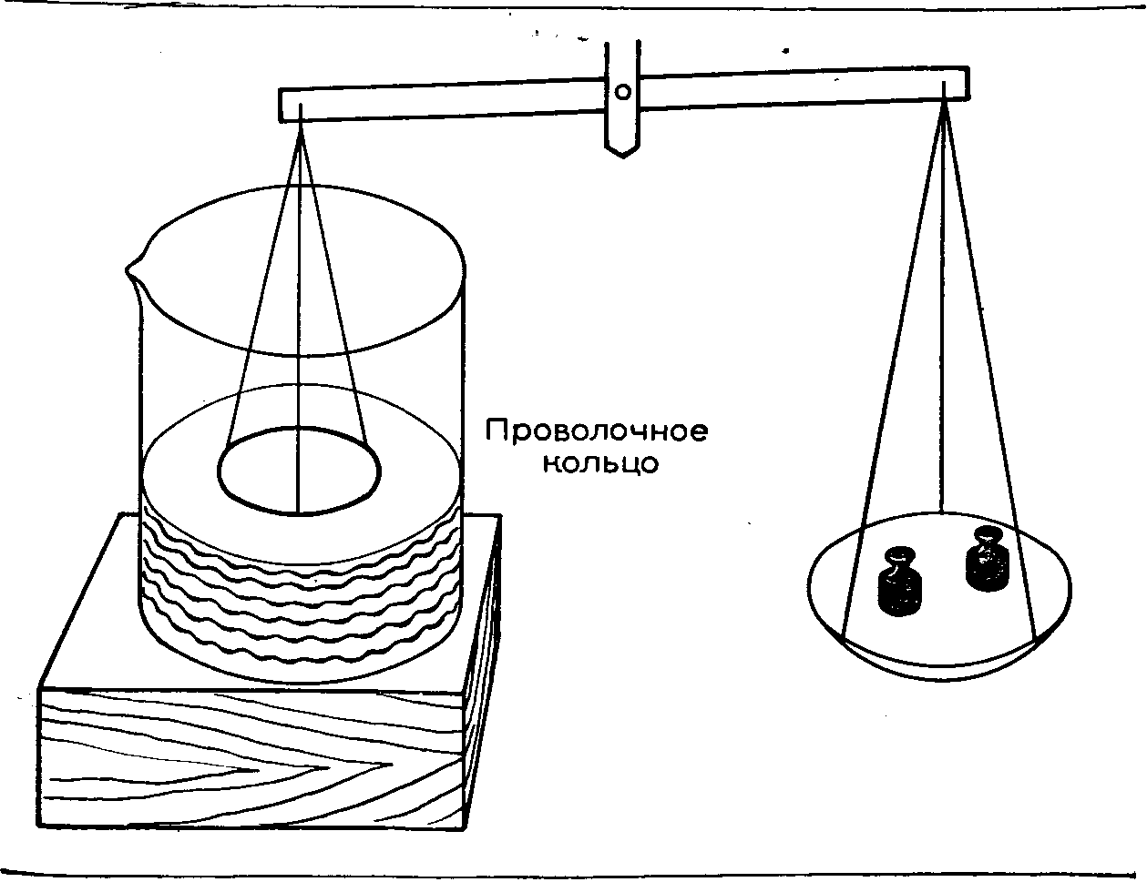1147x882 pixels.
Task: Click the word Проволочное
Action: [596, 431]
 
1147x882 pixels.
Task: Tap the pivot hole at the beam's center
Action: [623, 90]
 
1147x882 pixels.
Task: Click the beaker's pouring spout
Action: [133, 267]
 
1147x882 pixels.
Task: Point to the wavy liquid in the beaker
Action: [301, 592]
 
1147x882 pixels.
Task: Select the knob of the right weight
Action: [988, 534]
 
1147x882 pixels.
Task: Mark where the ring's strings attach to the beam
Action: [301, 124]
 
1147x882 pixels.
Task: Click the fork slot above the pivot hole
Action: [623, 55]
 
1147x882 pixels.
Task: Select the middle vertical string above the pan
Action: [944, 364]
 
